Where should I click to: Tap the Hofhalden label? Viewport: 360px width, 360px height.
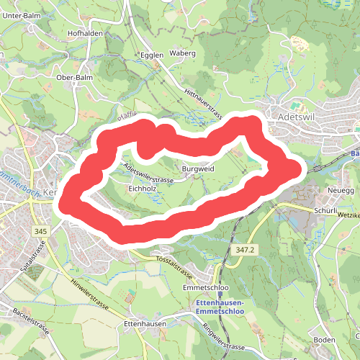click(86, 33)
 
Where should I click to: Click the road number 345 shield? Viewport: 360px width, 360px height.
click(41, 231)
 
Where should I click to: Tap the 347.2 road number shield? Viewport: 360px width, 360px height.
click(245, 249)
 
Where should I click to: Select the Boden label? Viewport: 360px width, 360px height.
click(325, 340)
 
